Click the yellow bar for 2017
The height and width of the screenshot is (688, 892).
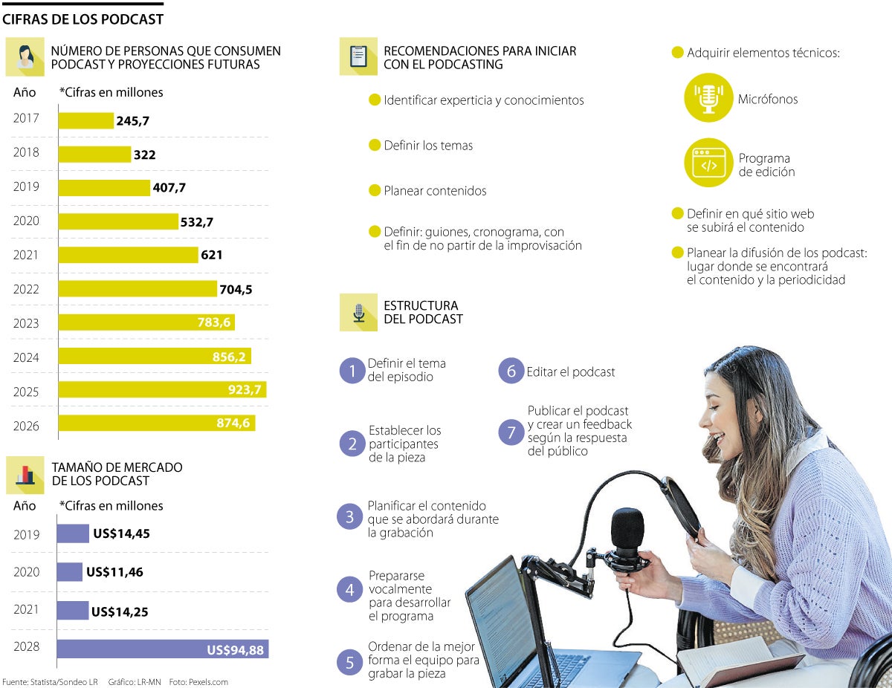[85, 120]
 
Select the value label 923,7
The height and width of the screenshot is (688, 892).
[244, 390]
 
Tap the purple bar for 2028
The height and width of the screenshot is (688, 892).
[162, 649]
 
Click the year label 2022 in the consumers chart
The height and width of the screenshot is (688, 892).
[26, 289]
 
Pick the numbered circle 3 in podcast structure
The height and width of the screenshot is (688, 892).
[350, 517]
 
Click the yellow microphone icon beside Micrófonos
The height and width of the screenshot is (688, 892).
[708, 97]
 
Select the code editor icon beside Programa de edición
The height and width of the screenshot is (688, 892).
[708, 163]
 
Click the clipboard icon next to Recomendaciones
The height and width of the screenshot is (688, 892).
[359, 56]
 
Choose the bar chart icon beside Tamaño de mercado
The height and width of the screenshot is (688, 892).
[25, 474]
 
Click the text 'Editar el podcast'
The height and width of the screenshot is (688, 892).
[571, 371]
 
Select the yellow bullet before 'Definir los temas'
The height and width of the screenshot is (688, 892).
[375, 145]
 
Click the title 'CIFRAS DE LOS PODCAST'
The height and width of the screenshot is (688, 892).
[83, 19]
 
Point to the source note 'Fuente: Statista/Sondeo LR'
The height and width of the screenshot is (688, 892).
[50, 682]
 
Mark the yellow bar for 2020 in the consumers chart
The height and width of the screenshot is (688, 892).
[118, 221]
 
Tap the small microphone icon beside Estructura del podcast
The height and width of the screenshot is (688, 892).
[359, 312]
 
